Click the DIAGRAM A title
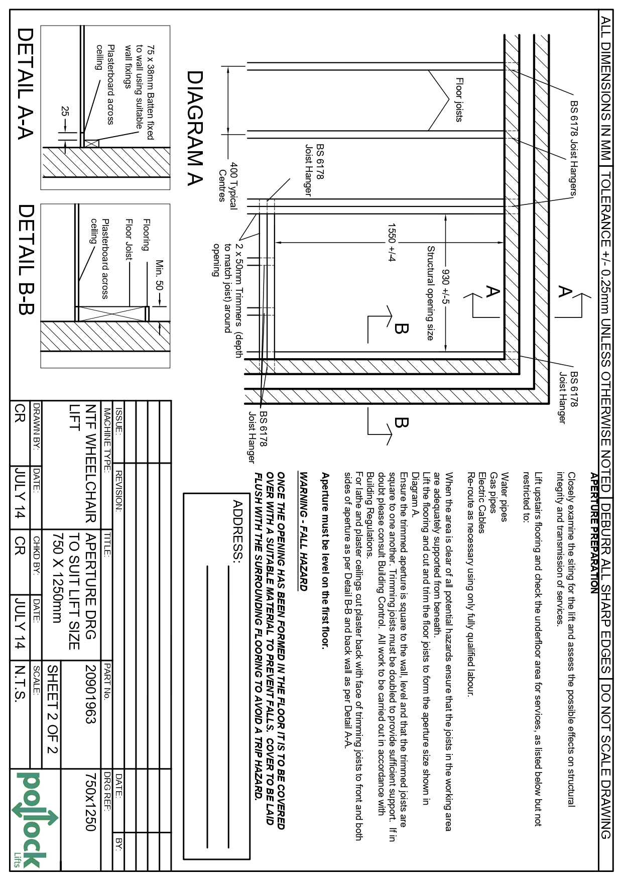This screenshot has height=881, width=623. [x=194, y=128]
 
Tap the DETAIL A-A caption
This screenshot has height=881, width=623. [x=25, y=83]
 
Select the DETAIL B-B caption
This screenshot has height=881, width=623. [x=25, y=259]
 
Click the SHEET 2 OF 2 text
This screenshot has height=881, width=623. [x=53, y=709]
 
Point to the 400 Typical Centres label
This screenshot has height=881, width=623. [x=228, y=181]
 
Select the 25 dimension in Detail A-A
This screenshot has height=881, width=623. [x=65, y=112]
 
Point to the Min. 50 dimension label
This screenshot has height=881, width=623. [x=160, y=275]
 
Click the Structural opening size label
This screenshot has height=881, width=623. [x=430, y=292]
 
